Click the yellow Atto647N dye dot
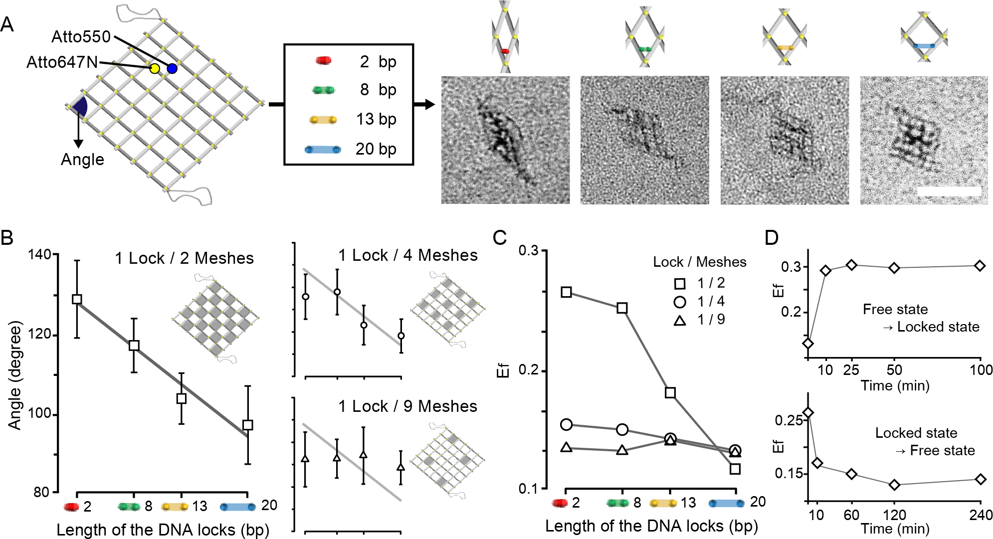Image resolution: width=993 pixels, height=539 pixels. tap(155, 68)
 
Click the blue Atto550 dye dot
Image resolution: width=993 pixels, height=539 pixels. tap(172, 68)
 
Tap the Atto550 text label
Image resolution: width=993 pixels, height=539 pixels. tap(81, 37)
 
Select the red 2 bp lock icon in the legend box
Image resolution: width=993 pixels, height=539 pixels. tap(323, 61)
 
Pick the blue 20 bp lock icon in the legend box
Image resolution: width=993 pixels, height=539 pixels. tap(323, 149)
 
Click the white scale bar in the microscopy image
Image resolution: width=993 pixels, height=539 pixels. tap(948, 190)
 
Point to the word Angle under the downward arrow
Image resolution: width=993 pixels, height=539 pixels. tap(82, 160)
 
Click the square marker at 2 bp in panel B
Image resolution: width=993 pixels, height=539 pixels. tap(77, 299)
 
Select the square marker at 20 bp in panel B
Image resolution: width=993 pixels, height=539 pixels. tap(248, 425)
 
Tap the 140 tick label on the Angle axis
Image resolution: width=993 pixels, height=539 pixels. tap(39, 254)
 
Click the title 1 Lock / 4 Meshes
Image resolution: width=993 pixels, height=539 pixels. tap(407, 255)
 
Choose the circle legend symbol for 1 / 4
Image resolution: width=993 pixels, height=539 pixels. tap(679, 302)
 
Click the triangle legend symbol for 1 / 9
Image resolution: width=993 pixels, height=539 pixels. tap(679, 321)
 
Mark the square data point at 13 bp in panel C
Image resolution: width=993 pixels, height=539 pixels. tap(670, 393)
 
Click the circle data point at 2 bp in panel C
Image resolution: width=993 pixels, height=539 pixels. tap(566, 425)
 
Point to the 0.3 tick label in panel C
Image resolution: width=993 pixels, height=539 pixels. tap(528, 250)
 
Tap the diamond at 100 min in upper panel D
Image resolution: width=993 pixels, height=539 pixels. tap(980, 266)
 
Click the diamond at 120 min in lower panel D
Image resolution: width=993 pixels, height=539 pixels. tap(895, 485)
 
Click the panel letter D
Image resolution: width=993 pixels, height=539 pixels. tap(771, 238)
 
